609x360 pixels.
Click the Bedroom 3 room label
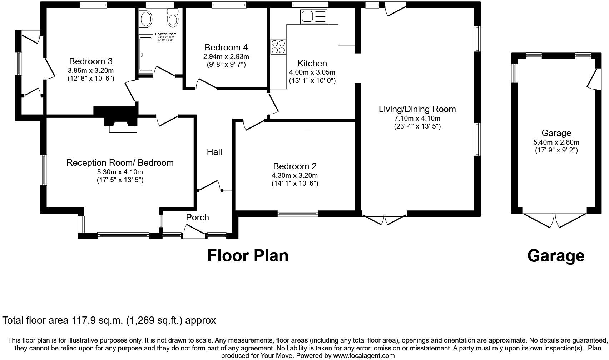coord(90,61)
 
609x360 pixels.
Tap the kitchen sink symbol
coord(314,16)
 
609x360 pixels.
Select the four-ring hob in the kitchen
coord(278,46)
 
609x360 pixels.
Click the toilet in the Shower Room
coord(173,18)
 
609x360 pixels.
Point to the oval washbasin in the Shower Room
coord(145,19)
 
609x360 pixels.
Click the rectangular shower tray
coord(145,53)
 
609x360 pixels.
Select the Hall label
coord(214,152)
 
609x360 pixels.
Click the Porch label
coord(197,217)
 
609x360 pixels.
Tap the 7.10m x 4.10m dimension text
coord(417,118)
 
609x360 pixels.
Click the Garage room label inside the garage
coord(556,133)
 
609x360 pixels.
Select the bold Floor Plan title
coord(248,256)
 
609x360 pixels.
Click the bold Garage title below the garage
coord(556,256)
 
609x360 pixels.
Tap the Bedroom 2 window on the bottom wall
coord(298,214)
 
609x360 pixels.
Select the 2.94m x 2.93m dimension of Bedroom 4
coord(226,56)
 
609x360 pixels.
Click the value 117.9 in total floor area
coord(85,320)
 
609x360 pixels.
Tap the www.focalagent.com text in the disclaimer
coord(364,356)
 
